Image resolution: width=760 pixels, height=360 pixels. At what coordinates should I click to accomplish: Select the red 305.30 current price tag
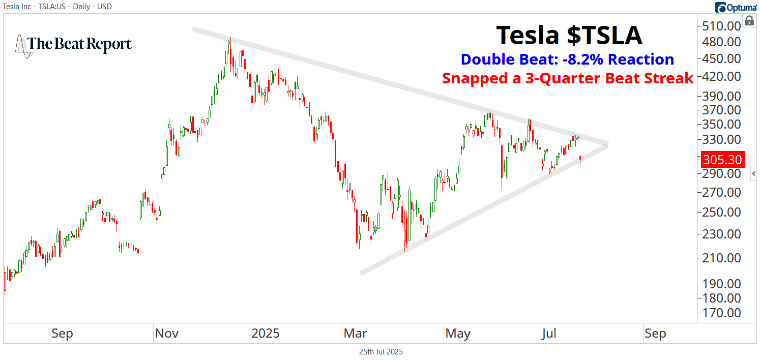722,160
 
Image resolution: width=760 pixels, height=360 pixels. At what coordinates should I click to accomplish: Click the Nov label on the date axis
167,334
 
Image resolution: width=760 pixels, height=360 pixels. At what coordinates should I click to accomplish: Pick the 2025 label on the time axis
266,334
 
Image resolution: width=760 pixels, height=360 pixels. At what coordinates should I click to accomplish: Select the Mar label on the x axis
355,334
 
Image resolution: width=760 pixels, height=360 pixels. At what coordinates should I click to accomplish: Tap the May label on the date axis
457,334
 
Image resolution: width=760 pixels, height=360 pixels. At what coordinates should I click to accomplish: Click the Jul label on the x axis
549,334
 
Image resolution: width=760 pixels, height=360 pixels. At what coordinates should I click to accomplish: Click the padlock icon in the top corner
749,21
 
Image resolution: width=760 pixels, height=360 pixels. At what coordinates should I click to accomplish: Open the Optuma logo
735,7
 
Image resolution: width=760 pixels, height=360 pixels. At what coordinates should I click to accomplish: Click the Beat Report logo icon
21,45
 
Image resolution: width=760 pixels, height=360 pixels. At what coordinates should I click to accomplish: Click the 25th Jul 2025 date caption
381,351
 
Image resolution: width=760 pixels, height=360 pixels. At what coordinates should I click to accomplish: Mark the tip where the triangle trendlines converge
608,144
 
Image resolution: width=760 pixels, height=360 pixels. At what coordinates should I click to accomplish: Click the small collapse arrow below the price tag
753,173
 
